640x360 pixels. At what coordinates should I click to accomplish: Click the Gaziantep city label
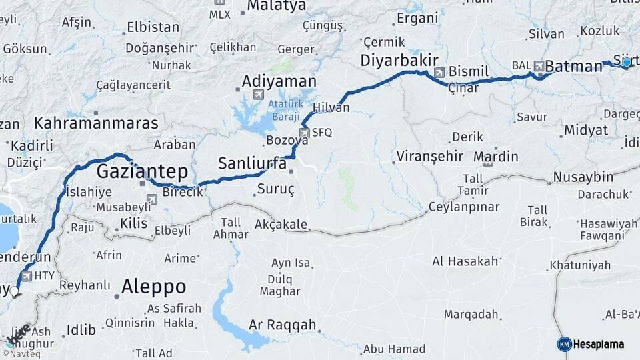[x=142, y=171]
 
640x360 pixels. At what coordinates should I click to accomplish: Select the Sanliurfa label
[x=253, y=163]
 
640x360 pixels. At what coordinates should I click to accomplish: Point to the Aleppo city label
[x=153, y=287]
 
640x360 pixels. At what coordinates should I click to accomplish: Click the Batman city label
[x=573, y=67]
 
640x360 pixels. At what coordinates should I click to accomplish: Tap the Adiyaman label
[x=279, y=81]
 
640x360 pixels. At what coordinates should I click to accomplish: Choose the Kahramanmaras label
[x=96, y=123]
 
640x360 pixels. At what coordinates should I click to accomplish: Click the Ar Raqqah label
[x=282, y=325]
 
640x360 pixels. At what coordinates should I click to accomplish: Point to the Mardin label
[x=495, y=157]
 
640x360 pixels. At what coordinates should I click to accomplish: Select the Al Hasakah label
[x=465, y=261]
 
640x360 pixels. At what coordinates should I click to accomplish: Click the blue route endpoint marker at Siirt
[x=626, y=62]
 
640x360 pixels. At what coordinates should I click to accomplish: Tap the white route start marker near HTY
[x=15, y=291]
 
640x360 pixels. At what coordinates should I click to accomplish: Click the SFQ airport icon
[x=305, y=132]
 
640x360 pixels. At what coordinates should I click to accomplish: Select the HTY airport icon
[x=27, y=275]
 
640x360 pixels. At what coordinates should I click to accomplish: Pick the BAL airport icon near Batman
[x=537, y=66]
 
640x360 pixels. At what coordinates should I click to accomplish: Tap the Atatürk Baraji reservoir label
[x=286, y=111]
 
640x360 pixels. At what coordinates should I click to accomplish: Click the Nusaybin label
[x=582, y=177]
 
